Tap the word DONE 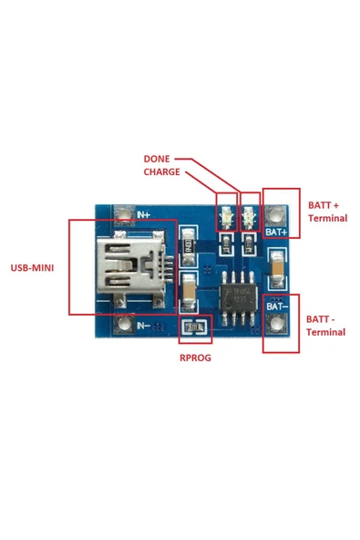(x=157, y=158)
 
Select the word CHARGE (x=161, y=171)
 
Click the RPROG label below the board (x=194, y=358)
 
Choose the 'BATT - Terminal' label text (x=326, y=326)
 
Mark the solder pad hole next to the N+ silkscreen (x=120, y=216)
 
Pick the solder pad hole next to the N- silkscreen (x=120, y=325)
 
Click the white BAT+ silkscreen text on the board (x=276, y=233)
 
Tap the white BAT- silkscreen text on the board (x=276, y=307)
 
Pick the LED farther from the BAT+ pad (x=224, y=217)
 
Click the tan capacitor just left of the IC (x=189, y=290)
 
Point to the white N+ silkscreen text (x=143, y=215)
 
